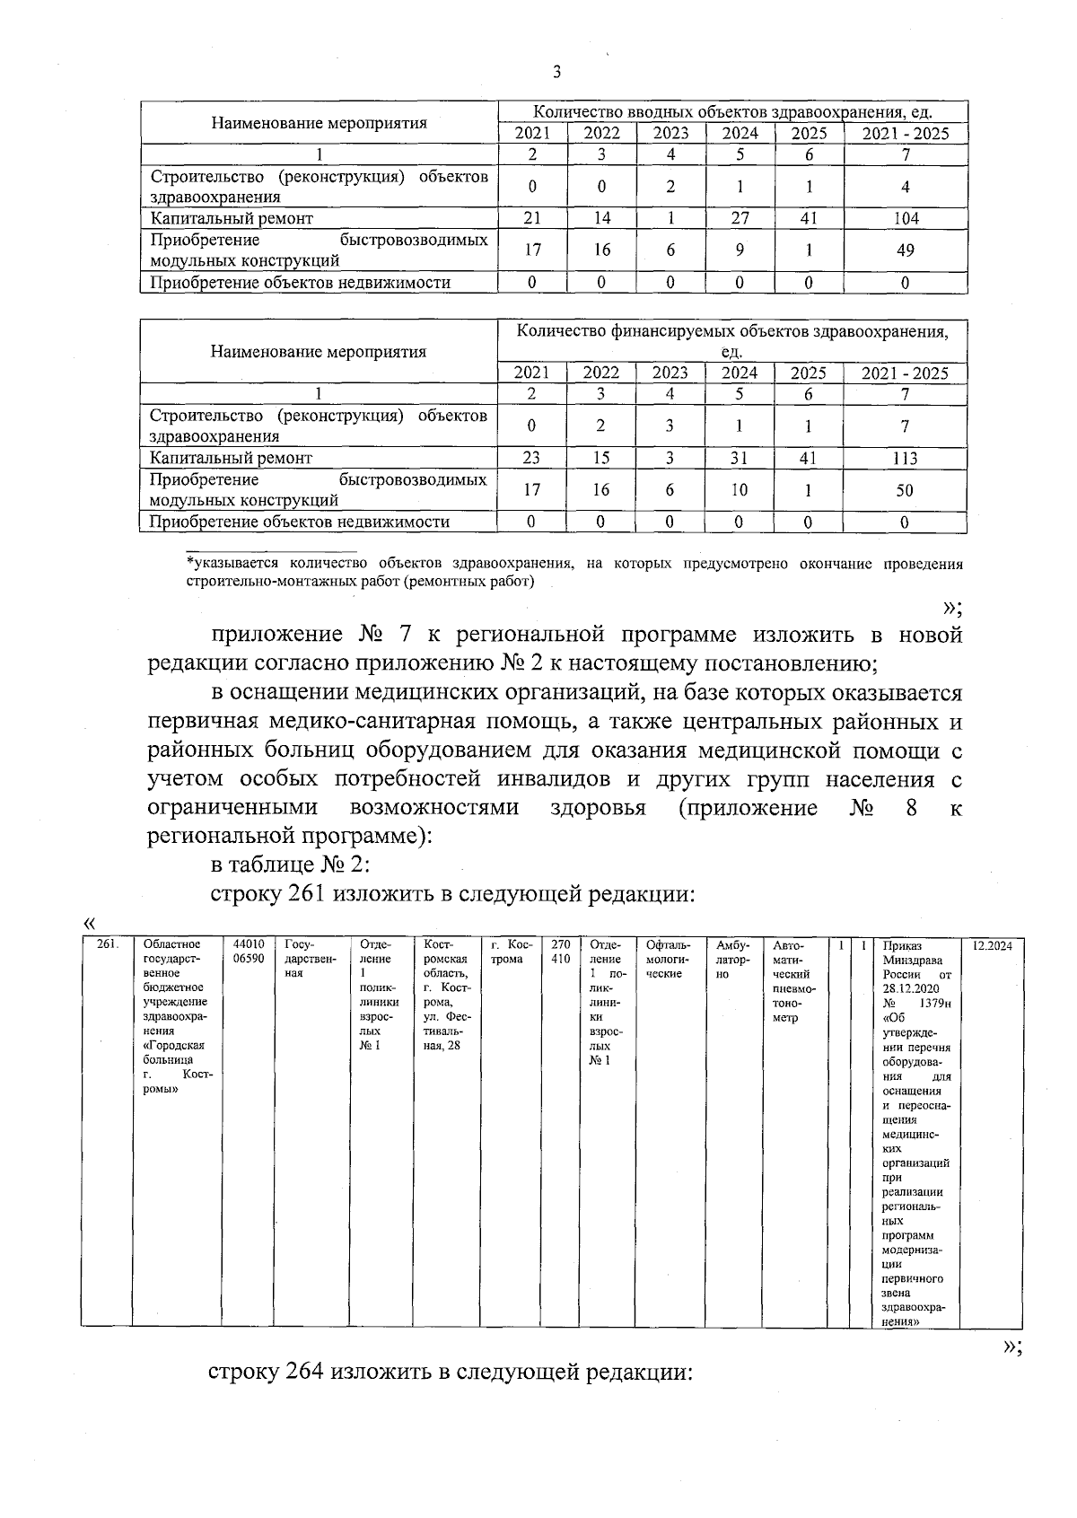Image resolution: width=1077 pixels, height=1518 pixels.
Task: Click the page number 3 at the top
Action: pos(557,74)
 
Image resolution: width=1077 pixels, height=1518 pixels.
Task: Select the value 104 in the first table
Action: pos(906,218)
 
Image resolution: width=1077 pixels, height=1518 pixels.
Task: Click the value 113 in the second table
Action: pos(905,458)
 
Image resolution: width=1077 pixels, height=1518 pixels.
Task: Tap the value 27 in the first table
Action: pos(740,218)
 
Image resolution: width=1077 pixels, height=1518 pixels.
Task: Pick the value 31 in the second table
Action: pos(740,458)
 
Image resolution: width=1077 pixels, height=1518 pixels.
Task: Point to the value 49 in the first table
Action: pos(906,250)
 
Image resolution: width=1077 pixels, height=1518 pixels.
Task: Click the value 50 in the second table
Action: pos(905,490)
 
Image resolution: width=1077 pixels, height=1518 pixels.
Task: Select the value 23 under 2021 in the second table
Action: pos(531,458)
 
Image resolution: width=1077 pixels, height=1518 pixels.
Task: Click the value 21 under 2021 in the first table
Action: pos(532,218)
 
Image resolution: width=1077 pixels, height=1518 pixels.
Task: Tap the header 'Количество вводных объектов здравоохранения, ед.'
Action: pos(732,112)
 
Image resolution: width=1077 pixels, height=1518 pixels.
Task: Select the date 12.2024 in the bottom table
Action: pos(993,945)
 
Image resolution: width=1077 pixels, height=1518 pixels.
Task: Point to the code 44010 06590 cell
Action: pos(248,952)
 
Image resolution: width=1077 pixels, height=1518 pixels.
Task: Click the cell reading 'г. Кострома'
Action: pos(512,952)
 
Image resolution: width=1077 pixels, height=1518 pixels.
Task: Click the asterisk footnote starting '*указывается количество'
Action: pos(574,573)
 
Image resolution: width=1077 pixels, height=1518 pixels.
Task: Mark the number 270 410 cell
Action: pos(560,952)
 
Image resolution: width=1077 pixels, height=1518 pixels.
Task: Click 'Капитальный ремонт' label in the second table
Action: pos(232,458)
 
